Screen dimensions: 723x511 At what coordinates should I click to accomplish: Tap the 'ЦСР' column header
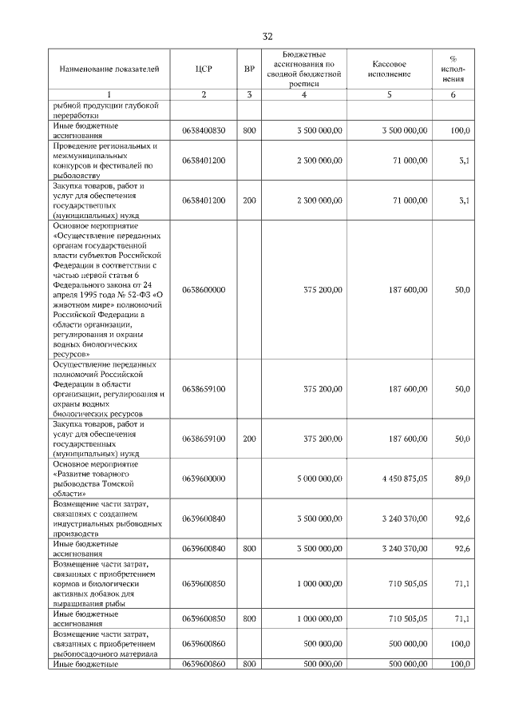(x=203, y=70)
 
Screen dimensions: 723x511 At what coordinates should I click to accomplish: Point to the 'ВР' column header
(x=249, y=70)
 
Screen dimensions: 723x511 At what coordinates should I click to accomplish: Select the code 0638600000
(x=204, y=290)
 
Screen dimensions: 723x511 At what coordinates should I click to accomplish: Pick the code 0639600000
(x=204, y=479)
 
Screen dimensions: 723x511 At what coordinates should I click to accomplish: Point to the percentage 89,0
(x=461, y=479)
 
